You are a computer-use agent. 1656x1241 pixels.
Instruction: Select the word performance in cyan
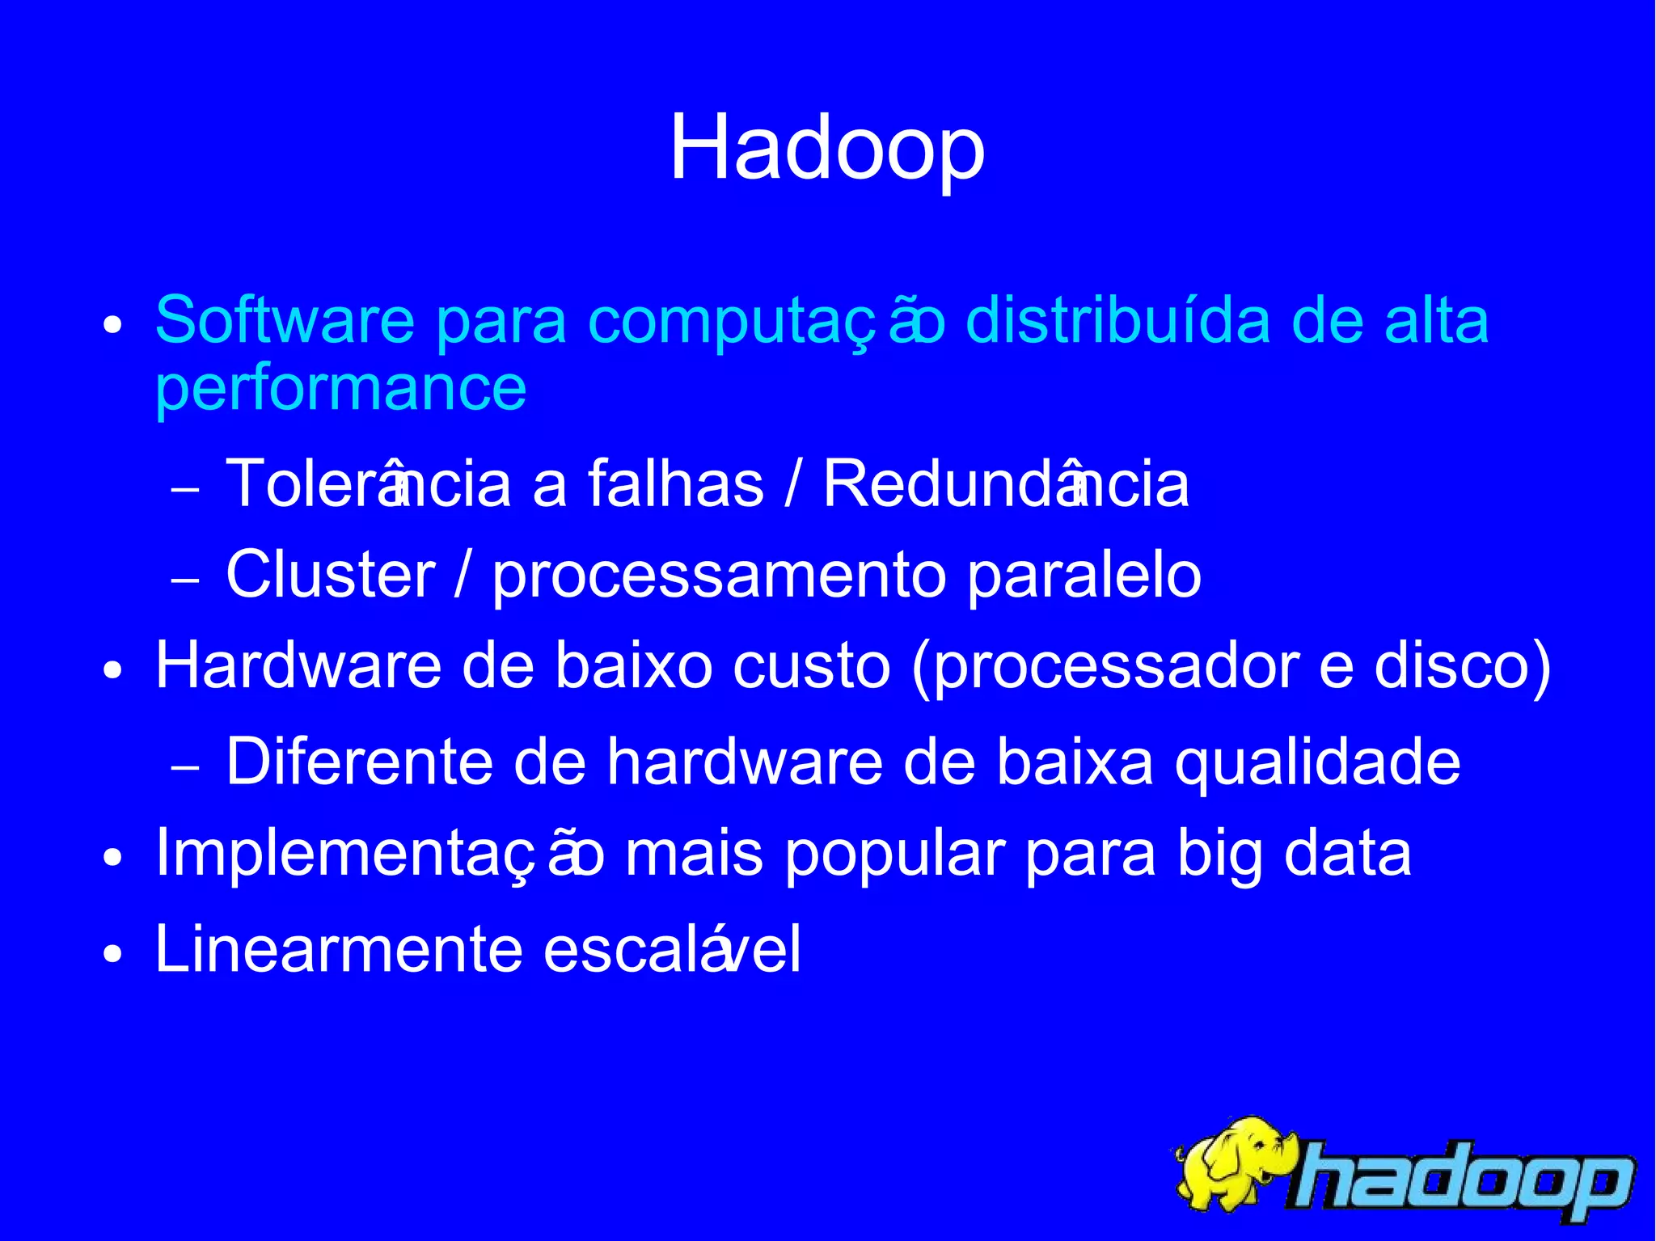pyautogui.click(x=340, y=389)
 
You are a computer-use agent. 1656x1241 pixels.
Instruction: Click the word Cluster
pyautogui.click(x=330, y=575)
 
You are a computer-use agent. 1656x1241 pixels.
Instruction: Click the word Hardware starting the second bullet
pyautogui.click(x=298, y=666)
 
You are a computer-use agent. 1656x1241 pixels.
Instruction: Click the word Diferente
pyautogui.click(x=359, y=762)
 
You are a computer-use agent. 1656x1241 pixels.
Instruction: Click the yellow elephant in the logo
pyautogui.click(x=1233, y=1164)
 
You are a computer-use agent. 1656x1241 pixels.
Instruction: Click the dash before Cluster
pyautogui.click(x=185, y=580)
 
